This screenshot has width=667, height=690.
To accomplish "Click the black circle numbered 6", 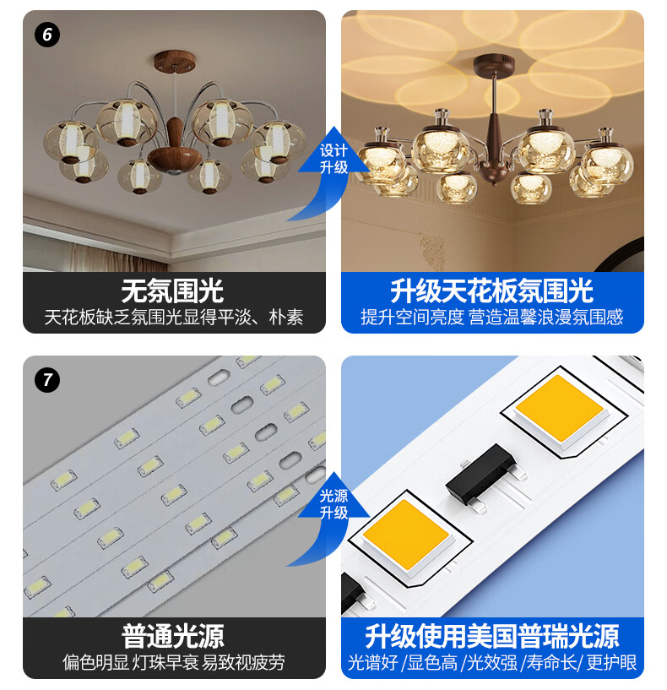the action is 47,35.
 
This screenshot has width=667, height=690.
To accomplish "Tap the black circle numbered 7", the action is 47,380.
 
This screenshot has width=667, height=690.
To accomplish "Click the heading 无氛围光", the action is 172,291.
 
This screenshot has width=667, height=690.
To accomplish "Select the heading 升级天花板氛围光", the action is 492,291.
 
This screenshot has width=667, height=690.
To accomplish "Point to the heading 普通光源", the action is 173,636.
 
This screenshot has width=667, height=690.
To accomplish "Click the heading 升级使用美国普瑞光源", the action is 492,636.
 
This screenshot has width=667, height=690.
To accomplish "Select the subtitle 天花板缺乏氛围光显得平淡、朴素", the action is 174,317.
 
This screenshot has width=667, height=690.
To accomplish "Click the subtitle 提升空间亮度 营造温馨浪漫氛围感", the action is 492,317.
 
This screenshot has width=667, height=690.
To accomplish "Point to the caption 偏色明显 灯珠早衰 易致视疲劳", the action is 174,662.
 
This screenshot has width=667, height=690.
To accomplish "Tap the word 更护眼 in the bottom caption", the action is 611,662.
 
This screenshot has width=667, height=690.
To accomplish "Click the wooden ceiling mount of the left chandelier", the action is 175,61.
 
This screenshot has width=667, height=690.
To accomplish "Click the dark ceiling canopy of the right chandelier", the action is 494,65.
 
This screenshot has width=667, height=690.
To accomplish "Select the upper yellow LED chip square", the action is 559,409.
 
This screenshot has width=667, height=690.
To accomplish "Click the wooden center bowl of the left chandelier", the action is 175,160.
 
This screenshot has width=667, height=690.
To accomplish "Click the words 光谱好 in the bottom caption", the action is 373,662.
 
